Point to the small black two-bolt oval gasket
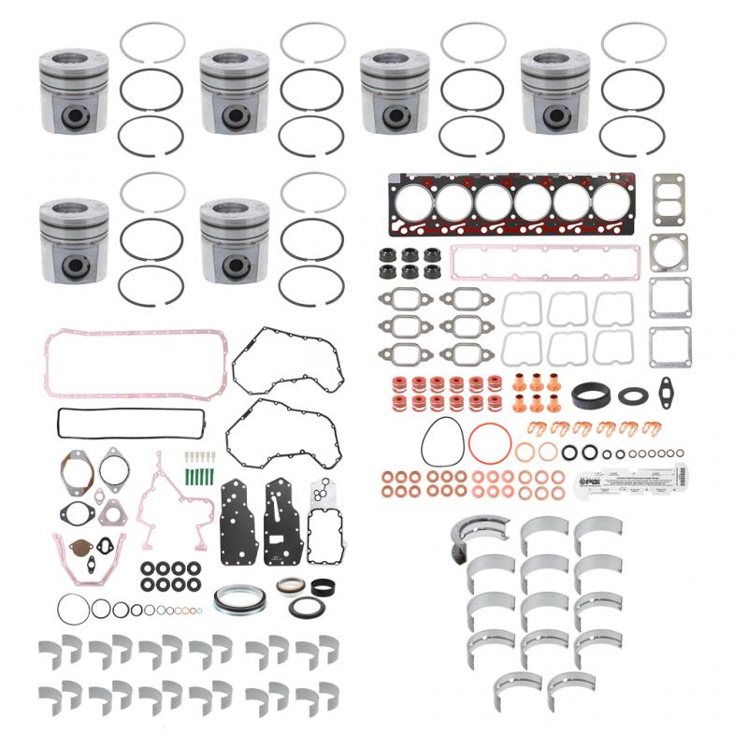666,387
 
